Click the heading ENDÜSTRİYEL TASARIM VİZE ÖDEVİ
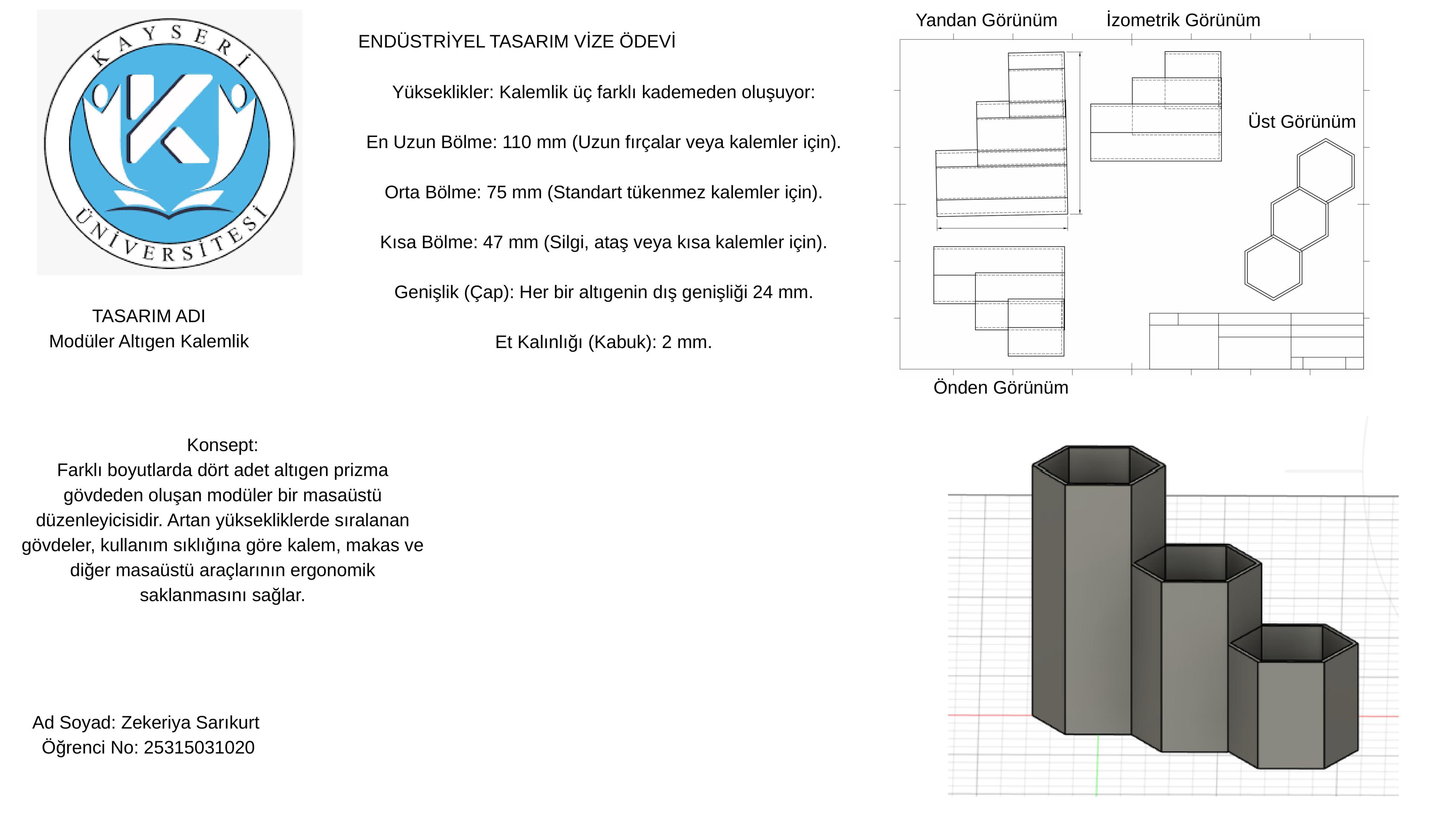pos(516,42)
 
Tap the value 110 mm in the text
pos(534,142)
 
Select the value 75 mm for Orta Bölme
pos(514,192)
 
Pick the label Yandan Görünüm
pos(986,20)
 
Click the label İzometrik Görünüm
pos(1183,20)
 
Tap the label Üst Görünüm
pos(1301,122)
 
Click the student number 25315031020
pos(199,748)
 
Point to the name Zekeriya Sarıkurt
pos(190,723)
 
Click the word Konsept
pos(222,445)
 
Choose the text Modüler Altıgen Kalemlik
pos(149,342)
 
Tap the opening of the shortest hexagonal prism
pos(1293,643)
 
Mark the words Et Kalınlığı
pos(538,342)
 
